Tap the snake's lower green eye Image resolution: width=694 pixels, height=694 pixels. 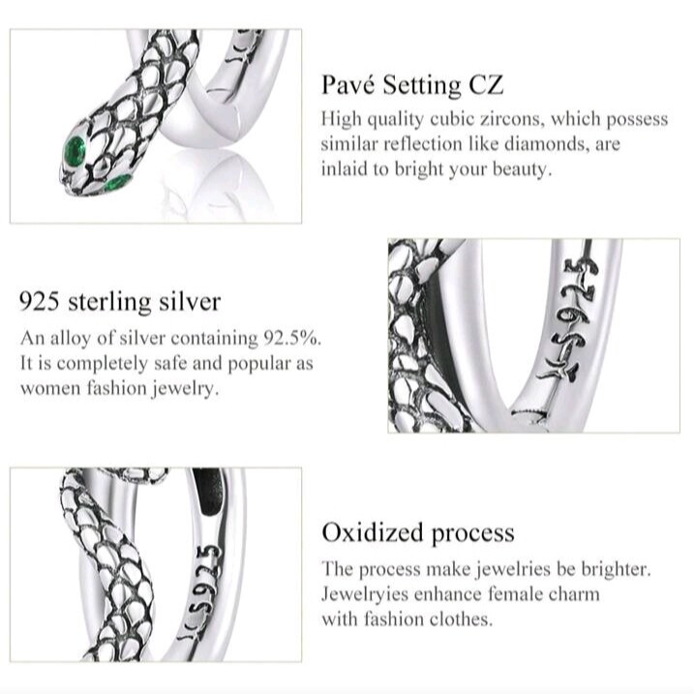[x=118, y=182]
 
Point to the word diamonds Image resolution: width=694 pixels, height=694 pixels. [x=546, y=144]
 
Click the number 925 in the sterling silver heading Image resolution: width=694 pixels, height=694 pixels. [x=39, y=302]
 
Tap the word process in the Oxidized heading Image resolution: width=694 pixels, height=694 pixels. [x=472, y=534]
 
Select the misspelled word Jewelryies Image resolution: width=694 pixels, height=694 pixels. [x=365, y=594]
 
